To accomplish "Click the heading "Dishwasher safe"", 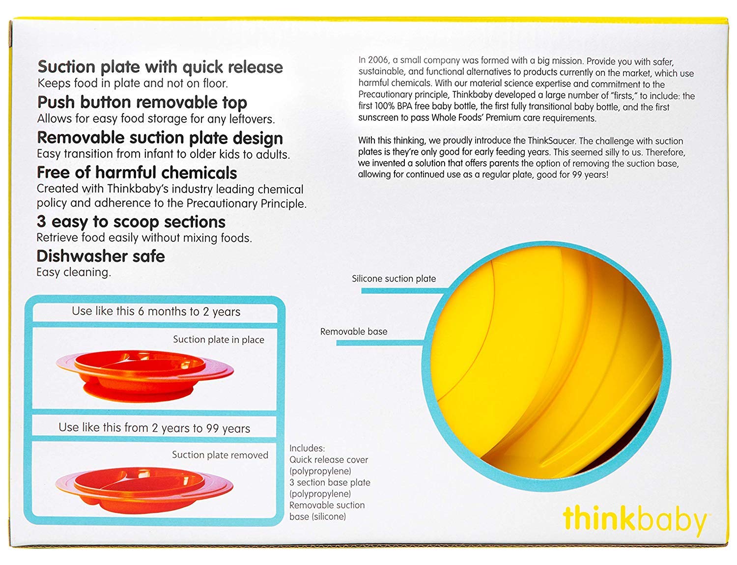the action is point(100,256).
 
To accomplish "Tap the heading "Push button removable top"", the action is point(142,102).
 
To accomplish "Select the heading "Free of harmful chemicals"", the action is point(137,172).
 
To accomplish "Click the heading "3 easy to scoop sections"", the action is point(131,222).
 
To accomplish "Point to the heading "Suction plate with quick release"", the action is point(160,67).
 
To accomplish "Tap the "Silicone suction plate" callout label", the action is point(394,279).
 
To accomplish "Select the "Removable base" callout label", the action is point(354,331).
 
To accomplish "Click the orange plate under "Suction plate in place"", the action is point(145,375).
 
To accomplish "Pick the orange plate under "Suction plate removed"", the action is point(144,490).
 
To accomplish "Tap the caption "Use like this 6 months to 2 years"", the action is point(156,311).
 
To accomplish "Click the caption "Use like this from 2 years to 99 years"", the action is point(154,428).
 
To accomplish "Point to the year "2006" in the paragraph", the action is point(378,60).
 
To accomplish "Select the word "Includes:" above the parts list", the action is point(307,449).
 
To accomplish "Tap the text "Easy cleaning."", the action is point(74,272).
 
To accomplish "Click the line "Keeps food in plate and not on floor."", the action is point(133,84).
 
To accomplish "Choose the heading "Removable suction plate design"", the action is point(160,138).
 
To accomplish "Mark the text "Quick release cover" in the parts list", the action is point(329,460).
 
